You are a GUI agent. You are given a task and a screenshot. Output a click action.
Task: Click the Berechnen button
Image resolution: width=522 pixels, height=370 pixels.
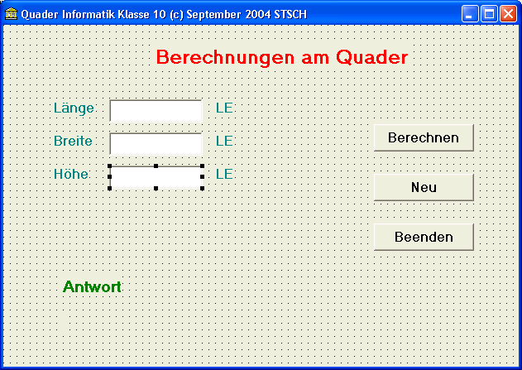(x=424, y=137)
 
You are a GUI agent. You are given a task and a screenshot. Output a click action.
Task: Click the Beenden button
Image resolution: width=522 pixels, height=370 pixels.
(x=424, y=237)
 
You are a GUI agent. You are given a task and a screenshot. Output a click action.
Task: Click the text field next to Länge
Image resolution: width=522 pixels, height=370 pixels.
(x=156, y=111)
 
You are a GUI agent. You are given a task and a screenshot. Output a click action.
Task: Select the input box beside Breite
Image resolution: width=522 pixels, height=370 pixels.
(x=156, y=144)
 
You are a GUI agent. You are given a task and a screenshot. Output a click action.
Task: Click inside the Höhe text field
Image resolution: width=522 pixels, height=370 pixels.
(x=156, y=177)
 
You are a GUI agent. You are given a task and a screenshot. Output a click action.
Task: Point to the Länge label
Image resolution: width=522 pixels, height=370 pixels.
(x=74, y=108)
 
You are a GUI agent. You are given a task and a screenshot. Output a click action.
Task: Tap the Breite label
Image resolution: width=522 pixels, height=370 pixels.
(x=73, y=141)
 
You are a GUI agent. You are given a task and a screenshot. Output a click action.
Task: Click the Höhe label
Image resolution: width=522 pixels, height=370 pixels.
(x=71, y=174)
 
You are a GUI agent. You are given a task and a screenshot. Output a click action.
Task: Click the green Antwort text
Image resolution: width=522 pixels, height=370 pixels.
(x=92, y=286)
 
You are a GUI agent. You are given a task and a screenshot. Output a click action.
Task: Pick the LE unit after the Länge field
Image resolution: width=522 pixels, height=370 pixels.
(x=224, y=108)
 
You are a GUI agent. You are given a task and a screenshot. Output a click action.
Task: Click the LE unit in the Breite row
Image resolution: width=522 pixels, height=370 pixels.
(x=224, y=141)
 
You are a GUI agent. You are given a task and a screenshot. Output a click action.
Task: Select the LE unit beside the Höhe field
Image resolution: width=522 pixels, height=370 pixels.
(x=224, y=174)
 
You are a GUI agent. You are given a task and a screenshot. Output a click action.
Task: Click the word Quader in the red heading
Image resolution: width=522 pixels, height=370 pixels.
(x=372, y=57)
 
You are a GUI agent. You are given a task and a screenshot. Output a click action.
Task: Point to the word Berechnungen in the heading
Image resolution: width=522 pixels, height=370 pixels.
(x=225, y=58)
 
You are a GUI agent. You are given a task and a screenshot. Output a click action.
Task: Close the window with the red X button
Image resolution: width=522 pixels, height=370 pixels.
(x=508, y=14)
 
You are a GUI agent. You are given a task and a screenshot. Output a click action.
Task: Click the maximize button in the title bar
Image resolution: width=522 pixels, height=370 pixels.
(x=489, y=14)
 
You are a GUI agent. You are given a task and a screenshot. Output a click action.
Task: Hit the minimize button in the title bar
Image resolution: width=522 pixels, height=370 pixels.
(x=470, y=14)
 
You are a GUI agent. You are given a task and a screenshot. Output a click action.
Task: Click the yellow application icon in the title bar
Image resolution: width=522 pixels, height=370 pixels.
(x=11, y=13)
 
